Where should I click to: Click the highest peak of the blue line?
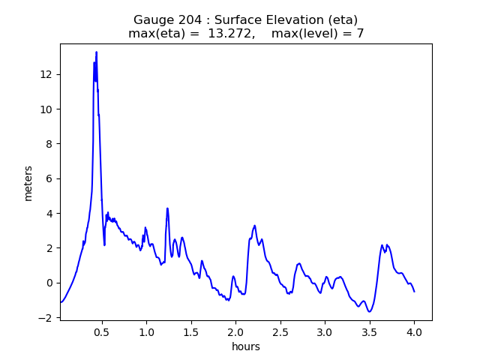tap(96, 52)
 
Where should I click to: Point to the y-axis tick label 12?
tap(46, 74)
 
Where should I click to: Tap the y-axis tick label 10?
tap(46, 109)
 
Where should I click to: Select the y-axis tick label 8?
tap(49, 144)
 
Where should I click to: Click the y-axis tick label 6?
tap(49, 178)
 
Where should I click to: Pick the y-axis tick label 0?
tap(49, 283)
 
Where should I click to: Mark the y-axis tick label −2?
tap(46, 318)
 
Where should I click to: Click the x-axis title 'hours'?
tap(246, 346)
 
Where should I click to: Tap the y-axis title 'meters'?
tap(28, 182)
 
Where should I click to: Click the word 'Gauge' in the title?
tap(152, 20)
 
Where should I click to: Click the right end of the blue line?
tap(414, 291)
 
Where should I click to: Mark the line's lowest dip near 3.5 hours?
tap(369, 311)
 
